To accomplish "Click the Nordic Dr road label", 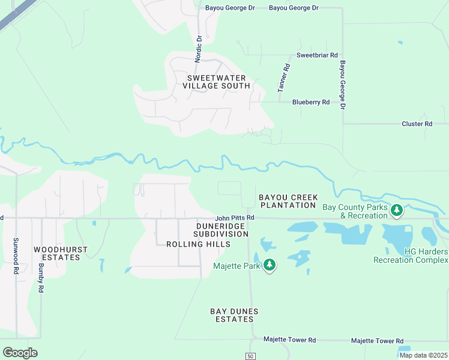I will (x=199, y=48).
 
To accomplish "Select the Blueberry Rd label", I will (x=311, y=102).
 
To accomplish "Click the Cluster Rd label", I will (x=417, y=124).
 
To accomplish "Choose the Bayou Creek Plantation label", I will (x=287, y=201).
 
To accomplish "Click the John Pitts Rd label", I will (x=235, y=217).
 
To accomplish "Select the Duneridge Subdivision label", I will (x=212, y=229).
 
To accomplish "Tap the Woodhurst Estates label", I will (x=56, y=253).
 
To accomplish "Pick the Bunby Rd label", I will (x=41, y=277).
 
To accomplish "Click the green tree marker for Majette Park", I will (x=270, y=265).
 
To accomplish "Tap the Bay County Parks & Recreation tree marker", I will (x=396, y=210).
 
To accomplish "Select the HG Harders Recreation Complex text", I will (x=411, y=256).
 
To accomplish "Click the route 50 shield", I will (x=251, y=356).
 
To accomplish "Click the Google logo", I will (x=20, y=352).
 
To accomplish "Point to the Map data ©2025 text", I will (x=423, y=355).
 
